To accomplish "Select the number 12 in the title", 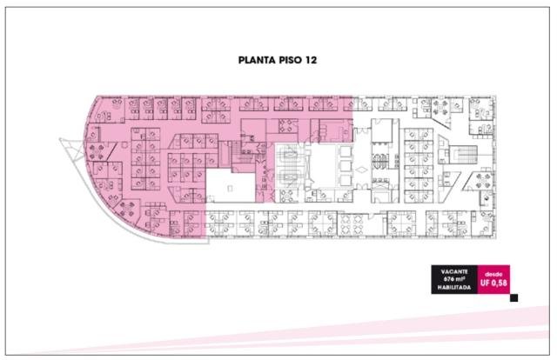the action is [x=310, y=60].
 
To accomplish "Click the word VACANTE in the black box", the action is [x=454, y=271].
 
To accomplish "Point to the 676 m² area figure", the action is [x=454, y=279].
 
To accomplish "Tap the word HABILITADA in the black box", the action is [x=454, y=287].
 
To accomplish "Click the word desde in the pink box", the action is [x=493, y=275].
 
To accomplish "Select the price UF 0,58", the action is [x=493, y=283].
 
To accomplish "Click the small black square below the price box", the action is [x=513, y=298].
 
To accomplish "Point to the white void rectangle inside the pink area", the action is [x=231, y=186].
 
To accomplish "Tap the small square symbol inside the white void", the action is [x=230, y=189].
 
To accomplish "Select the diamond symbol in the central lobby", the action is [x=362, y=170].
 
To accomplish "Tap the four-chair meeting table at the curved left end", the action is [x=97, y=152].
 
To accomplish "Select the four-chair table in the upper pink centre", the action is [x=286, y=126].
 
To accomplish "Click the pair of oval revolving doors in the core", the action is [x=380, y=161].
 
